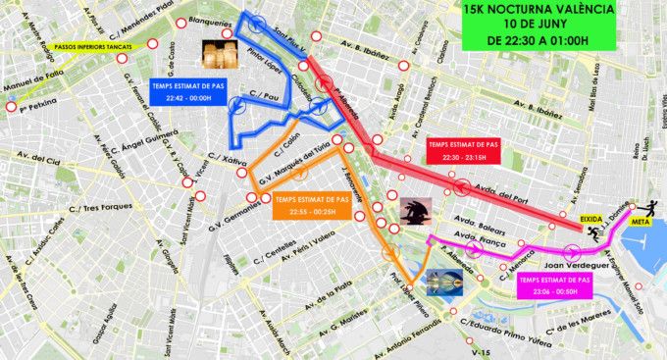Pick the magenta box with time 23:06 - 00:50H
coord(554,284)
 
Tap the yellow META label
coord(641,223)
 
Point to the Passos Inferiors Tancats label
coord(69,45)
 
